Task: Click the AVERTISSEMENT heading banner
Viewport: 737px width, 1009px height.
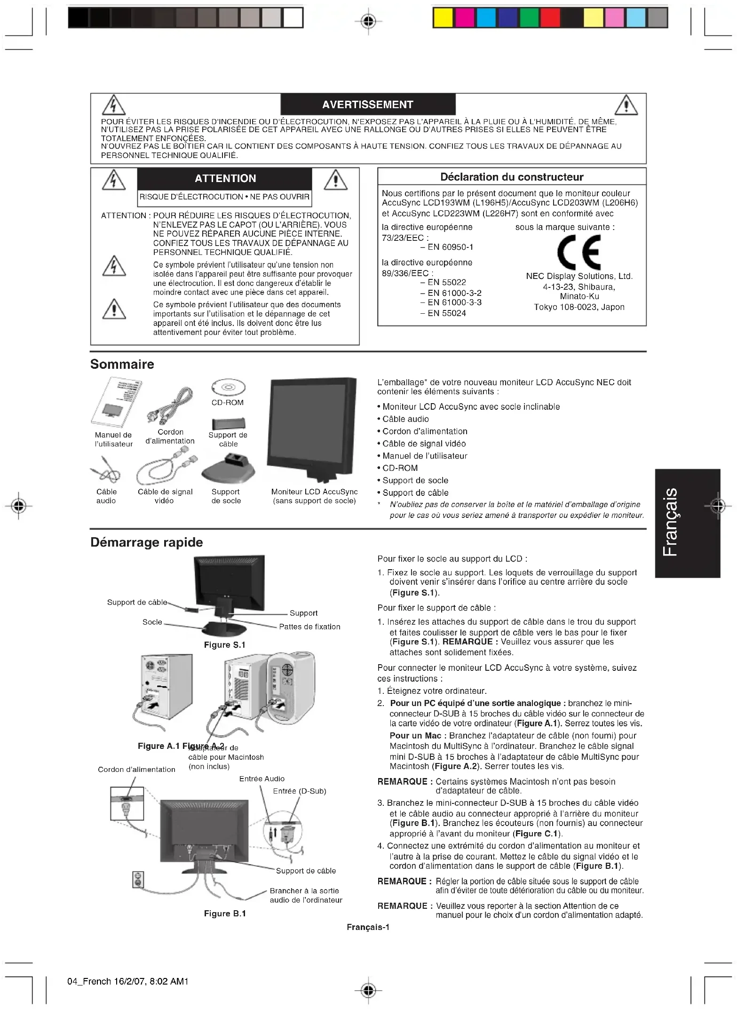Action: point(368,104)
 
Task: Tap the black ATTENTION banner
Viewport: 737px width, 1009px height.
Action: point(225,178)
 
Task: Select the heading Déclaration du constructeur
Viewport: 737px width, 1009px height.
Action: point(512,177)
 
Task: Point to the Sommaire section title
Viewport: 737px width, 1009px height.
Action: point(122,364)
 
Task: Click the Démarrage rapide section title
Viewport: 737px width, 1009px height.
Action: point(147,542)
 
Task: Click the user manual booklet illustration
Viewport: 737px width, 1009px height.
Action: point(116,402)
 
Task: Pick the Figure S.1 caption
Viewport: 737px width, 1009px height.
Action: point(224,645)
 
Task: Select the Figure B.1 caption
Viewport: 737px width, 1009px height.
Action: point(225,914)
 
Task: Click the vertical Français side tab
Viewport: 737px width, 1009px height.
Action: point(687,523)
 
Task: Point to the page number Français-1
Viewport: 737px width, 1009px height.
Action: point(368,927)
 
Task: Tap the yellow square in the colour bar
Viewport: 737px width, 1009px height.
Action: point(443,18)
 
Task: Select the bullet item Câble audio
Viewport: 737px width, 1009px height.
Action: point(405,419)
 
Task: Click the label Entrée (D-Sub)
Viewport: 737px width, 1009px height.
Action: point(300,791)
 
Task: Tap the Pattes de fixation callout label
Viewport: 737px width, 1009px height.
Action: point(309,627)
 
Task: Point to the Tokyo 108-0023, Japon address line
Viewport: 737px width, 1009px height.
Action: point(579,307)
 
